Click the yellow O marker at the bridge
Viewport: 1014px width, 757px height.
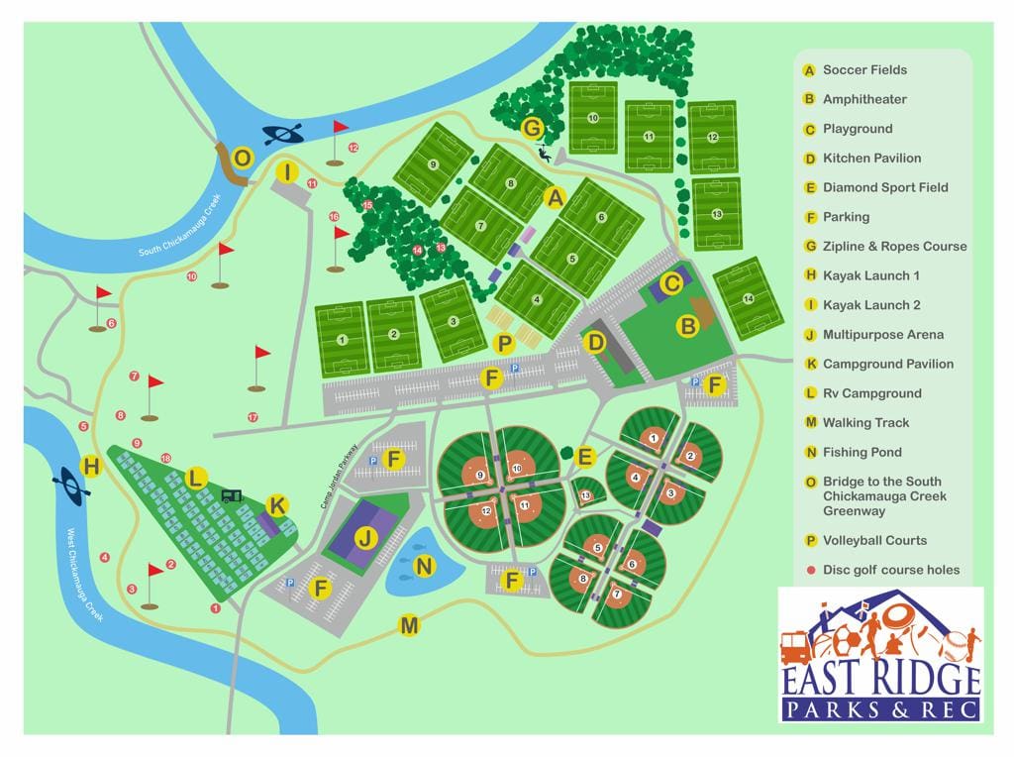[x=243, y=159]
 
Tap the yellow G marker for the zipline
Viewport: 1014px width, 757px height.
[x=533, y=128]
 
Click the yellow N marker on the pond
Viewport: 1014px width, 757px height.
[x=425, y=567]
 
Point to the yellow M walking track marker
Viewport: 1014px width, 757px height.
[x=408, y=625]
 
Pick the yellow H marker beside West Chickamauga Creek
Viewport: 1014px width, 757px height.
[x=91, y=466]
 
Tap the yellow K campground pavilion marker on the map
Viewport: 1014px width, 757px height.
[x=277, y=506]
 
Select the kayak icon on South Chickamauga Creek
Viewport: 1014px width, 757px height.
[x=282, y=134]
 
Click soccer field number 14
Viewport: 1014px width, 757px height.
[x=748, y=298]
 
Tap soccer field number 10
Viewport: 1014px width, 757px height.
[x=593, y=118]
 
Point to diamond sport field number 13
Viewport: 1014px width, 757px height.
[x=585, y=494]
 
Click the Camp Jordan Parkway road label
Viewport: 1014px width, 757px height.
[x=338, y=477]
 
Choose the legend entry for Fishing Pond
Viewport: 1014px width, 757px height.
[x=862, y=452]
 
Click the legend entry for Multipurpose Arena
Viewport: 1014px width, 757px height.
[x=882, y=335]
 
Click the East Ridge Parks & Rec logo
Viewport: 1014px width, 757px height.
[x=880, y=654]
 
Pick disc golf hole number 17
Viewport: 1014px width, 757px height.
[x=253, y=417]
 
